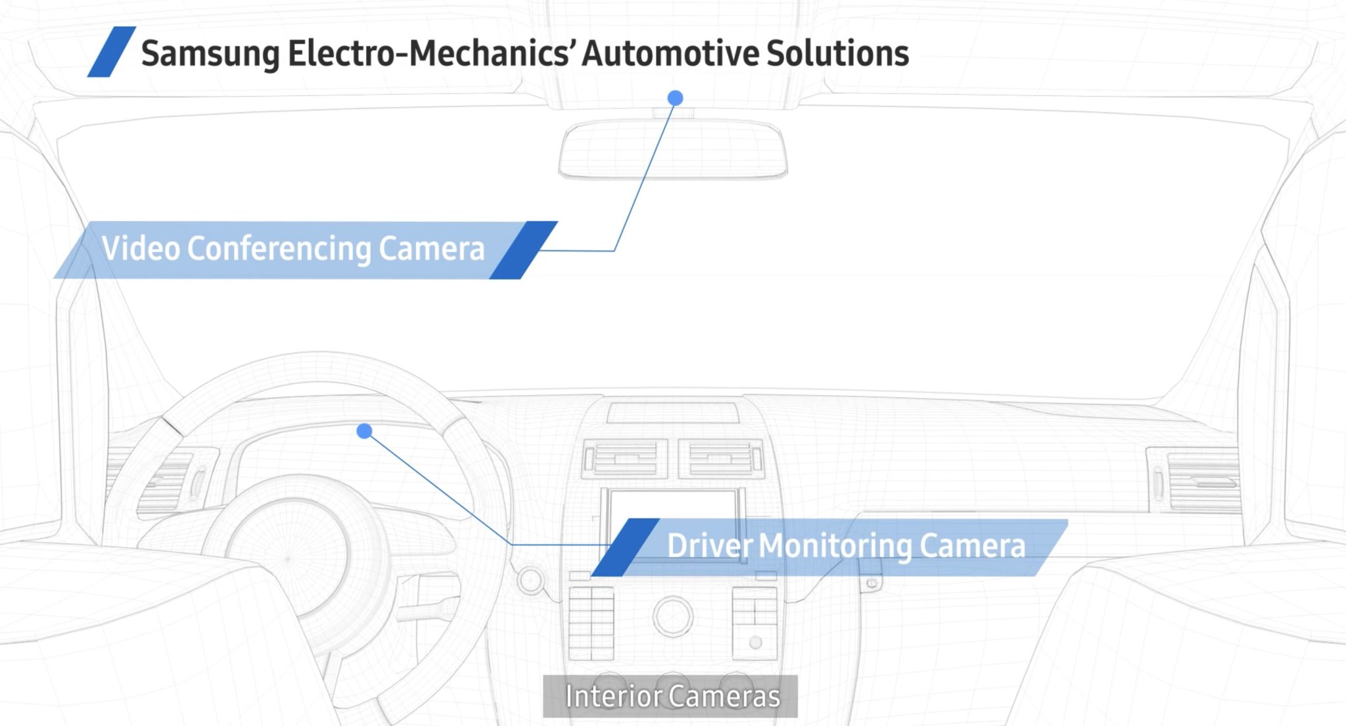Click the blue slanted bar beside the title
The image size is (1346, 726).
pyautogui.click(x=112, y=52)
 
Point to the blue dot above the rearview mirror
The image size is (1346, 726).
pyautogui.click(x=675, y=98)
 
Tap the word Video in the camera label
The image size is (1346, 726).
pyautogui.click(x=141, y=249)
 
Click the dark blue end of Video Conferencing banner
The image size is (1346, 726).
pyautogui.click(x=523, y=250)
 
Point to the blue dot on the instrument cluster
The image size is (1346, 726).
pyautogui.click(x=364, y=431)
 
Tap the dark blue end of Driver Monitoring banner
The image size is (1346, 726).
pyautogui.click(x=625, y=547)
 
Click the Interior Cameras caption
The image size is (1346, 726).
pyautogui.click(x=672, y=696)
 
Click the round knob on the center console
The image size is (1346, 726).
pyautogui.click(x=672, y=616)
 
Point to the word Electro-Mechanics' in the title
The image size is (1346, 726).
pyautogui.click(x=430, y=53)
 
